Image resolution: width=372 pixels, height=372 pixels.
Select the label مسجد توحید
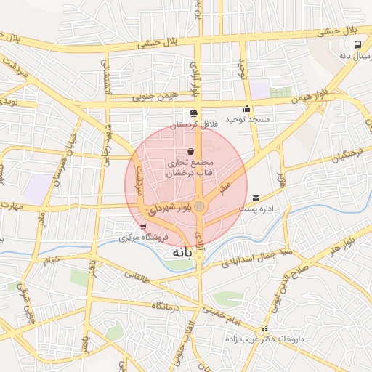[247, 118]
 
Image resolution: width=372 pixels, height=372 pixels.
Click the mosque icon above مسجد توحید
[247, 109]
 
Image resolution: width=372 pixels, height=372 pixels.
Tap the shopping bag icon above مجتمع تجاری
[190, 151]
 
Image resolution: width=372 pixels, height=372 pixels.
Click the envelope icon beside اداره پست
[256, 198]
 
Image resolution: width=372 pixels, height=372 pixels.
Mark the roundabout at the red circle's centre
[199, 208]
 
